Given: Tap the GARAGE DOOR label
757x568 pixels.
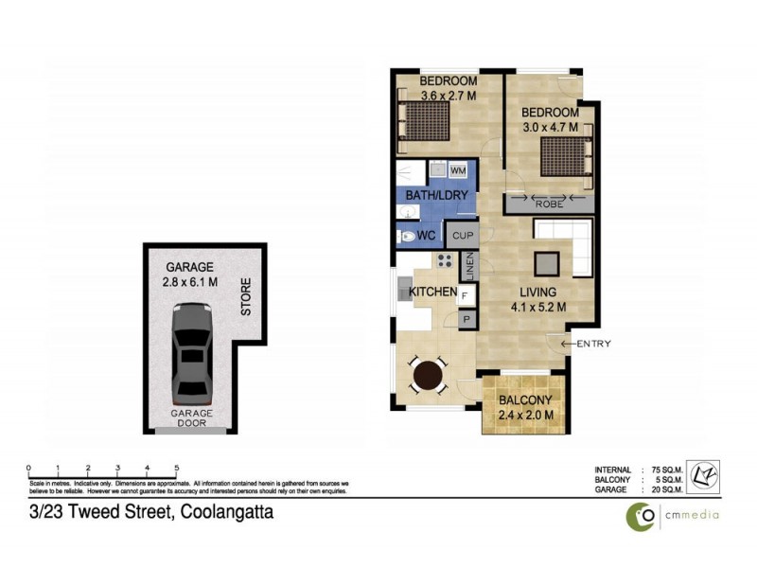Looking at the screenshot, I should click(193, 418).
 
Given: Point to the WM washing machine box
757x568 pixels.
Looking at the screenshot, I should click(458, 170).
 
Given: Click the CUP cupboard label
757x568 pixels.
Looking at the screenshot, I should click(463, 236).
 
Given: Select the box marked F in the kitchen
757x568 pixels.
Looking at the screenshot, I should click(465, 296).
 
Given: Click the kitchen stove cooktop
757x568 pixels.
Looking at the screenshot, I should click(444, 262).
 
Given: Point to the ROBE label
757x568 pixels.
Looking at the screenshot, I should click(550, 204).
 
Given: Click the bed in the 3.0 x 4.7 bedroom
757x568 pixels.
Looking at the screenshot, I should click(566, 156).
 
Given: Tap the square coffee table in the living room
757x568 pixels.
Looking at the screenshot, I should click(547, 263).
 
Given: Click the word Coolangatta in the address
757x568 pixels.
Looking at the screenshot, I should click(220, 512).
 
